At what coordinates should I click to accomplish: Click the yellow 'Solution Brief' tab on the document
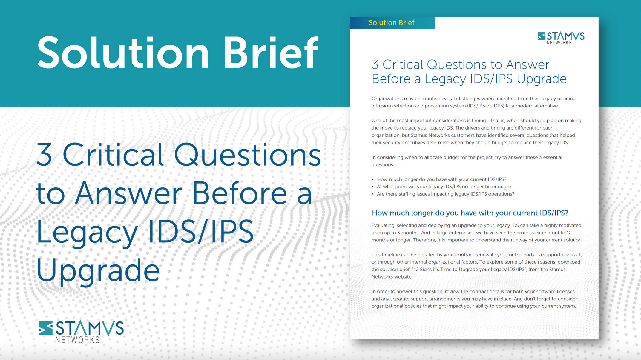[x=392, y=23]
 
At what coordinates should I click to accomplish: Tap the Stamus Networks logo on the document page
[x=561, y=38]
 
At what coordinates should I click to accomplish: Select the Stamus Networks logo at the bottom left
[x=81, y=331]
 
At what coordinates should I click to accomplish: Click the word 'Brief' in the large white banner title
[x=271, y=53]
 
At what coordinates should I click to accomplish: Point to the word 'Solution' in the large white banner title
[x=123, y=53]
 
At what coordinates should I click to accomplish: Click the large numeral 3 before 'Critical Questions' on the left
[x=44, y=155]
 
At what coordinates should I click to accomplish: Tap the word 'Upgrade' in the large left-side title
[x=98, y=270]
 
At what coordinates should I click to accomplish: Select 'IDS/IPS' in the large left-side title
[x=201, y=232]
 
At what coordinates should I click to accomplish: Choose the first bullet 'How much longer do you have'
[x=441, y=179]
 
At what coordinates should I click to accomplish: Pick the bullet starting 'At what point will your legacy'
[x=444, y=187]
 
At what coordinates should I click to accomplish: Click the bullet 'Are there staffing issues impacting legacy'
[x=445, y=194]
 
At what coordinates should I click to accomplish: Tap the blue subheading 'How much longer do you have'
[x=470, y=213]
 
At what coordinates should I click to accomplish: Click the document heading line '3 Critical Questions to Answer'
[x=460, y=65]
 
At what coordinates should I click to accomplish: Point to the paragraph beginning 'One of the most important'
[x=476, y=132]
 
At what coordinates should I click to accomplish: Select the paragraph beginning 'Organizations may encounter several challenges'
[x=473, y=102]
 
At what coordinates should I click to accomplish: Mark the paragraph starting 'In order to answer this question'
[x=474, y=299]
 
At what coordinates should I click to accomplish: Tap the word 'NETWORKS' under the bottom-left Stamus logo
[x=77, y=340]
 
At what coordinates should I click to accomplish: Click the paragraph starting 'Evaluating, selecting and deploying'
[x=477, y=233]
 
